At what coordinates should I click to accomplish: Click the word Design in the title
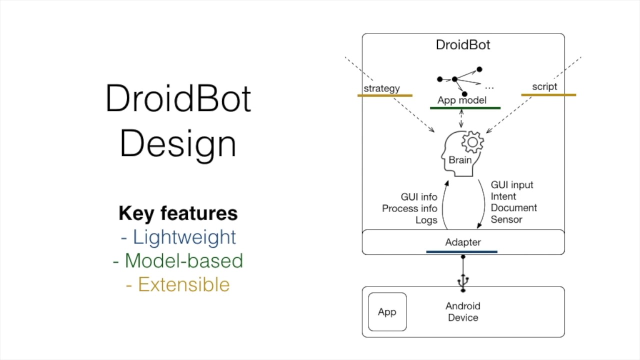pyautogui.click(x=178, y=143)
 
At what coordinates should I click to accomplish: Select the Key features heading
pyautogui.click(x=178, y=213)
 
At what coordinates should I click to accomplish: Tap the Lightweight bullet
pyautogui.click(x=178, y=237)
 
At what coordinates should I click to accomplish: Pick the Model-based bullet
pyautogui.click(x=178, y=260)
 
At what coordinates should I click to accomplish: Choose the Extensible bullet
pyautogui.click(x=178, y=284)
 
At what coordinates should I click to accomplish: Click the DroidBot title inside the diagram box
pyautogui.click(x=463, y=45)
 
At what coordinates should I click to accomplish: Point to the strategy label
pyautogui.click(x=381, y=88)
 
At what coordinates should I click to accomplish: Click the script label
pyautogui.click(x=544, y=86)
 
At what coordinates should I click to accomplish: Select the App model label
pyautogui.click(x=461, y=100)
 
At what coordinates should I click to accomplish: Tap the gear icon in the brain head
pyautogui.click(x=472, y=142)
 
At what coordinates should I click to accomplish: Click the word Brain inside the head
pyautogui.click(x=459, y=160)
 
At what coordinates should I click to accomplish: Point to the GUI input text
pyautogui.click(x=512, y=185)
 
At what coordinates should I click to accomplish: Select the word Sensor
pyautogui.click(x=506, y=219)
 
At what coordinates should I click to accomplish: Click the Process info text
pyautogui.click(x=409, y=208)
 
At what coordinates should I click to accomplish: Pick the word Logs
pyautogui.click(x=426, y=220)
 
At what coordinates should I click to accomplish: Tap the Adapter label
pyautogui.click(x=463, y=242)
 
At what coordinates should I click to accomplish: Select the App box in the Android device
pyautogui.click(x=387, y=312)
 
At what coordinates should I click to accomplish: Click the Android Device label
pyautogui.click(x=463, y=311)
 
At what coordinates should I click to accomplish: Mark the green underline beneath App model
pyautogui.click(x=465, y=107)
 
